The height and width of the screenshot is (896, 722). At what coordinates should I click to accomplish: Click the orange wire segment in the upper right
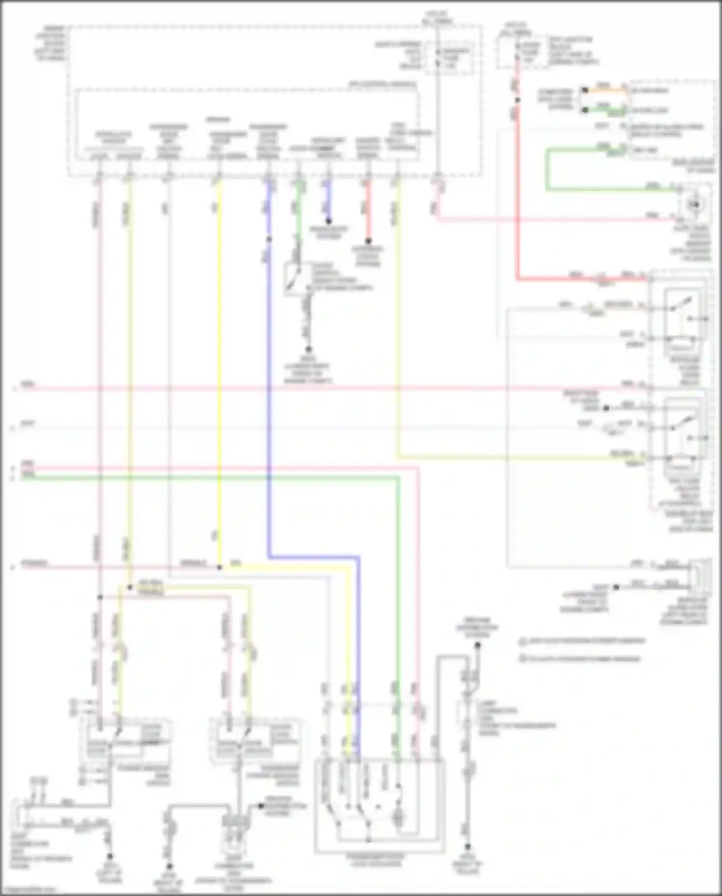coord(604,90)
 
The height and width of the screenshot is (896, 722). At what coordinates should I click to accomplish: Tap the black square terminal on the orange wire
coord(585,90)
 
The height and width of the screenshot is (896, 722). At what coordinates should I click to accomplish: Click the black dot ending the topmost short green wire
coord(585,110)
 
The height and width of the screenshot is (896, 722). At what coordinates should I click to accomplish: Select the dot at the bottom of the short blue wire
coord(329,221)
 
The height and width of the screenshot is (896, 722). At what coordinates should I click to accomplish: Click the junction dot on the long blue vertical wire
coord(269,240)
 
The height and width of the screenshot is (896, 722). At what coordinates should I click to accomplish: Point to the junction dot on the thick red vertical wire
coord(517,100)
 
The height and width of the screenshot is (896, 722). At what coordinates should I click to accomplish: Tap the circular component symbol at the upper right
coord(695,205)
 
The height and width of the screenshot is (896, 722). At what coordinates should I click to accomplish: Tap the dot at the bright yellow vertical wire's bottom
coord(219,568)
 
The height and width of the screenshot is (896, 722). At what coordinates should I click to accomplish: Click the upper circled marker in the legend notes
coord(523,641)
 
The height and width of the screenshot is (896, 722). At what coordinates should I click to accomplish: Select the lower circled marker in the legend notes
coord(523,658)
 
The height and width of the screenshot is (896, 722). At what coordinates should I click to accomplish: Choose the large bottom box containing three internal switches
coord(379,804)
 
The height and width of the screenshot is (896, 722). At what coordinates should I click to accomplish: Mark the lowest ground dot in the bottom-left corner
coord(110,857)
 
